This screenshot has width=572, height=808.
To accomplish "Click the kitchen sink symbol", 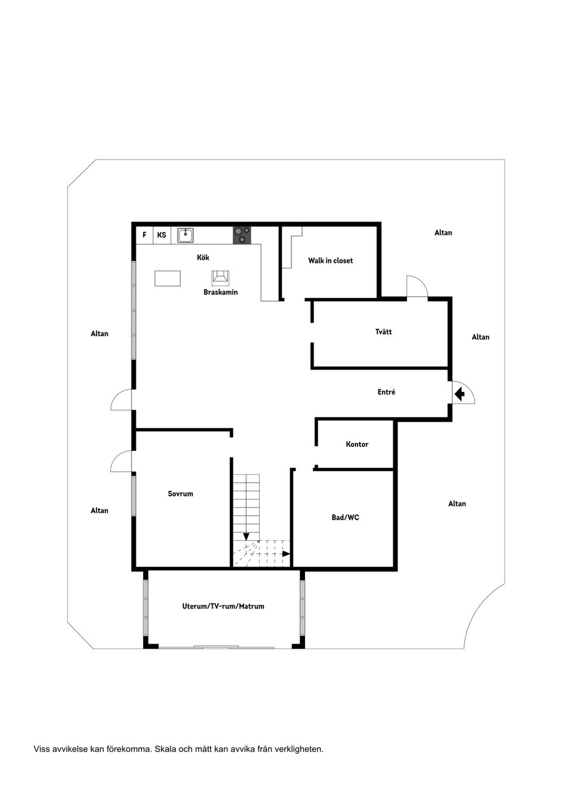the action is tap(185, 235).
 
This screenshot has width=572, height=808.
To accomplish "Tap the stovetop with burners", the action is tap(241, 235).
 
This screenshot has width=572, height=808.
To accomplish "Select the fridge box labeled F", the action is tap(144, 235).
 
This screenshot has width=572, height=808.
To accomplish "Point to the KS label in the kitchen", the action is tap(161, 235).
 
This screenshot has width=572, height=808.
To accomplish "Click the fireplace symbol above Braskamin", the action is tap(220, 277).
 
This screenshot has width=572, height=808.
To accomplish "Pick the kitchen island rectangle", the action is tap(167, 278).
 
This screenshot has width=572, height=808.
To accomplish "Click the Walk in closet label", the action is tap(331, 261).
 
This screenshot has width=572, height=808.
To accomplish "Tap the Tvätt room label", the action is tap(384, 331).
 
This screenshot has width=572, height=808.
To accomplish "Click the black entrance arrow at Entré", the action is tap(460, 394).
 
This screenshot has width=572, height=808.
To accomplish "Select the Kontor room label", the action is tap(357, 444).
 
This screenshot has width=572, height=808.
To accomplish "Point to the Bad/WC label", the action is tap(346, 518).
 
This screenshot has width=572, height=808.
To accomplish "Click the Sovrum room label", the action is tap(181, 493).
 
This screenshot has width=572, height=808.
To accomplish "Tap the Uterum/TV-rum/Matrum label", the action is tap(223, 606).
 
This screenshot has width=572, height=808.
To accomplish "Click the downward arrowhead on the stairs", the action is tap(246, 536).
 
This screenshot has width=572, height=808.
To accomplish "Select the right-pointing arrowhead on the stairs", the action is tap(286, 554).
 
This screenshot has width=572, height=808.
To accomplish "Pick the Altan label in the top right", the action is tap(443, 233).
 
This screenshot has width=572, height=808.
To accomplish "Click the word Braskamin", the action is tap(220, 292).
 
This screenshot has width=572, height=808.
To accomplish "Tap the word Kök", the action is tap(203, 258).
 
